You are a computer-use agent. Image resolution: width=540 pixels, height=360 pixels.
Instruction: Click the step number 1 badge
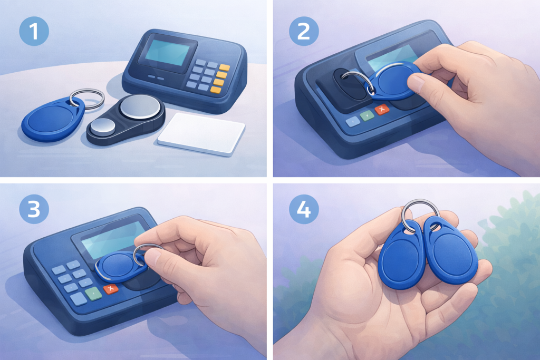tap(34, 31)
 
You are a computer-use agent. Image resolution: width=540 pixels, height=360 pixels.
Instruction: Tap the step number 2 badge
tap(303, 31)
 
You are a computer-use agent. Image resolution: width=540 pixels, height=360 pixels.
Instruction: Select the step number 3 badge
tap(34, 209)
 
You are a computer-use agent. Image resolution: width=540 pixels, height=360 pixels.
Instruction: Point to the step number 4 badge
tap(303, 209)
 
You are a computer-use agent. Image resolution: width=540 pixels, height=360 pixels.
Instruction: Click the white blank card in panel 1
tap(201, 133)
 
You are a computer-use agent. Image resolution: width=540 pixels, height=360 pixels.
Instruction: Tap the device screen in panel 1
tap(167, 52)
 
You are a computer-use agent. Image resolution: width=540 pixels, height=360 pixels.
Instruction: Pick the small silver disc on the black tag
tap(103, 127)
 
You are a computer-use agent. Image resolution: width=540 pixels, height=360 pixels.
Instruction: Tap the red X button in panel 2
tap(381, 110)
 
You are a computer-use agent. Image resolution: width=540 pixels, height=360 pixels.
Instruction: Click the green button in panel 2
tap(367, 115)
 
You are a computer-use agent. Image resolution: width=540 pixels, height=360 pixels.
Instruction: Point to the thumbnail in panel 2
tap(416, 83)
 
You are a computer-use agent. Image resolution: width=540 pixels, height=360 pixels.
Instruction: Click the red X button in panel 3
tap(111, 289)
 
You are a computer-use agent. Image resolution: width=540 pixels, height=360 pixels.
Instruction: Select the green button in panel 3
tap(94, 294)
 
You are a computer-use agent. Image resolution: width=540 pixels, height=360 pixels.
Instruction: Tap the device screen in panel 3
tap(113, 239)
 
